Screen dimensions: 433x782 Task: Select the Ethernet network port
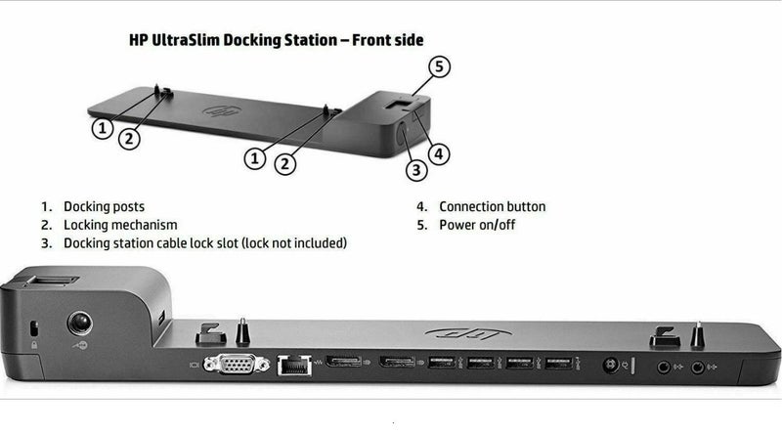(289, 365)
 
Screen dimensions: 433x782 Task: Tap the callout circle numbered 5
(441, 67)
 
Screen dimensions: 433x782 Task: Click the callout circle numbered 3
(417, 169)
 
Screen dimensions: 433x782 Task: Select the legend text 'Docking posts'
(104, 206)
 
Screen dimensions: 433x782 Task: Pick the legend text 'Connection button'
(492, 206)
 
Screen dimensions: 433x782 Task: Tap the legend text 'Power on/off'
(478, 224)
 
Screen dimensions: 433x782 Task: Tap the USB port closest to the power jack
(559, 365)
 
